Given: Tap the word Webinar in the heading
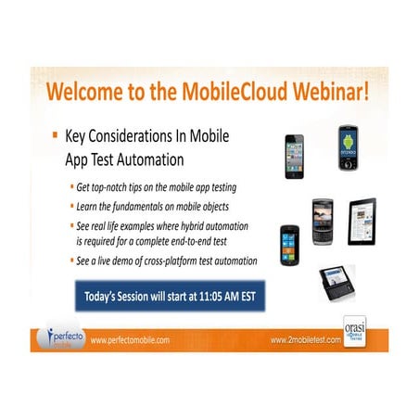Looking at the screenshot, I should click(325, 95).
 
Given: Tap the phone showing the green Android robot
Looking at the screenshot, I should click(349, 148).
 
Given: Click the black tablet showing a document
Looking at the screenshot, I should click(362, 221).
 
